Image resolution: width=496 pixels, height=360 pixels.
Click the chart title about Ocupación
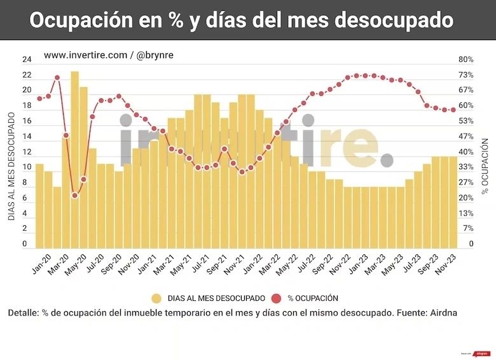(242, 20)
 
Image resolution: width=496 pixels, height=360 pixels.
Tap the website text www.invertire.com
(85, 55)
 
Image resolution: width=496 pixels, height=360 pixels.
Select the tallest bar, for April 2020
(74, 159)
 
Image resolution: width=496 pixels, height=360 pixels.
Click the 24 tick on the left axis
(27, 60)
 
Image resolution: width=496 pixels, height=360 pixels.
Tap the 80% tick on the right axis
(466, 60)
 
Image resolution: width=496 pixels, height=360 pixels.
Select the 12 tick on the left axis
(27, 152)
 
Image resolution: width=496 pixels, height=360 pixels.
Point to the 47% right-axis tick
(466, 137)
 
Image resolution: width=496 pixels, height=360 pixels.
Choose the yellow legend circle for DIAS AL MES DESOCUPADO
(156, 298)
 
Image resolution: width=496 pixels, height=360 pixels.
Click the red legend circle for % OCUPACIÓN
(275, 298)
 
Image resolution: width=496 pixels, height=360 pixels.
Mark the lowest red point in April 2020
(75, 195)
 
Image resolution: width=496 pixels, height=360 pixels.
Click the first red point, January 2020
(39, 99)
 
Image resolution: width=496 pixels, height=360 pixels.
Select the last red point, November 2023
(453, 110)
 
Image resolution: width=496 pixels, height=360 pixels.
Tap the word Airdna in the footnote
(444, 314)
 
